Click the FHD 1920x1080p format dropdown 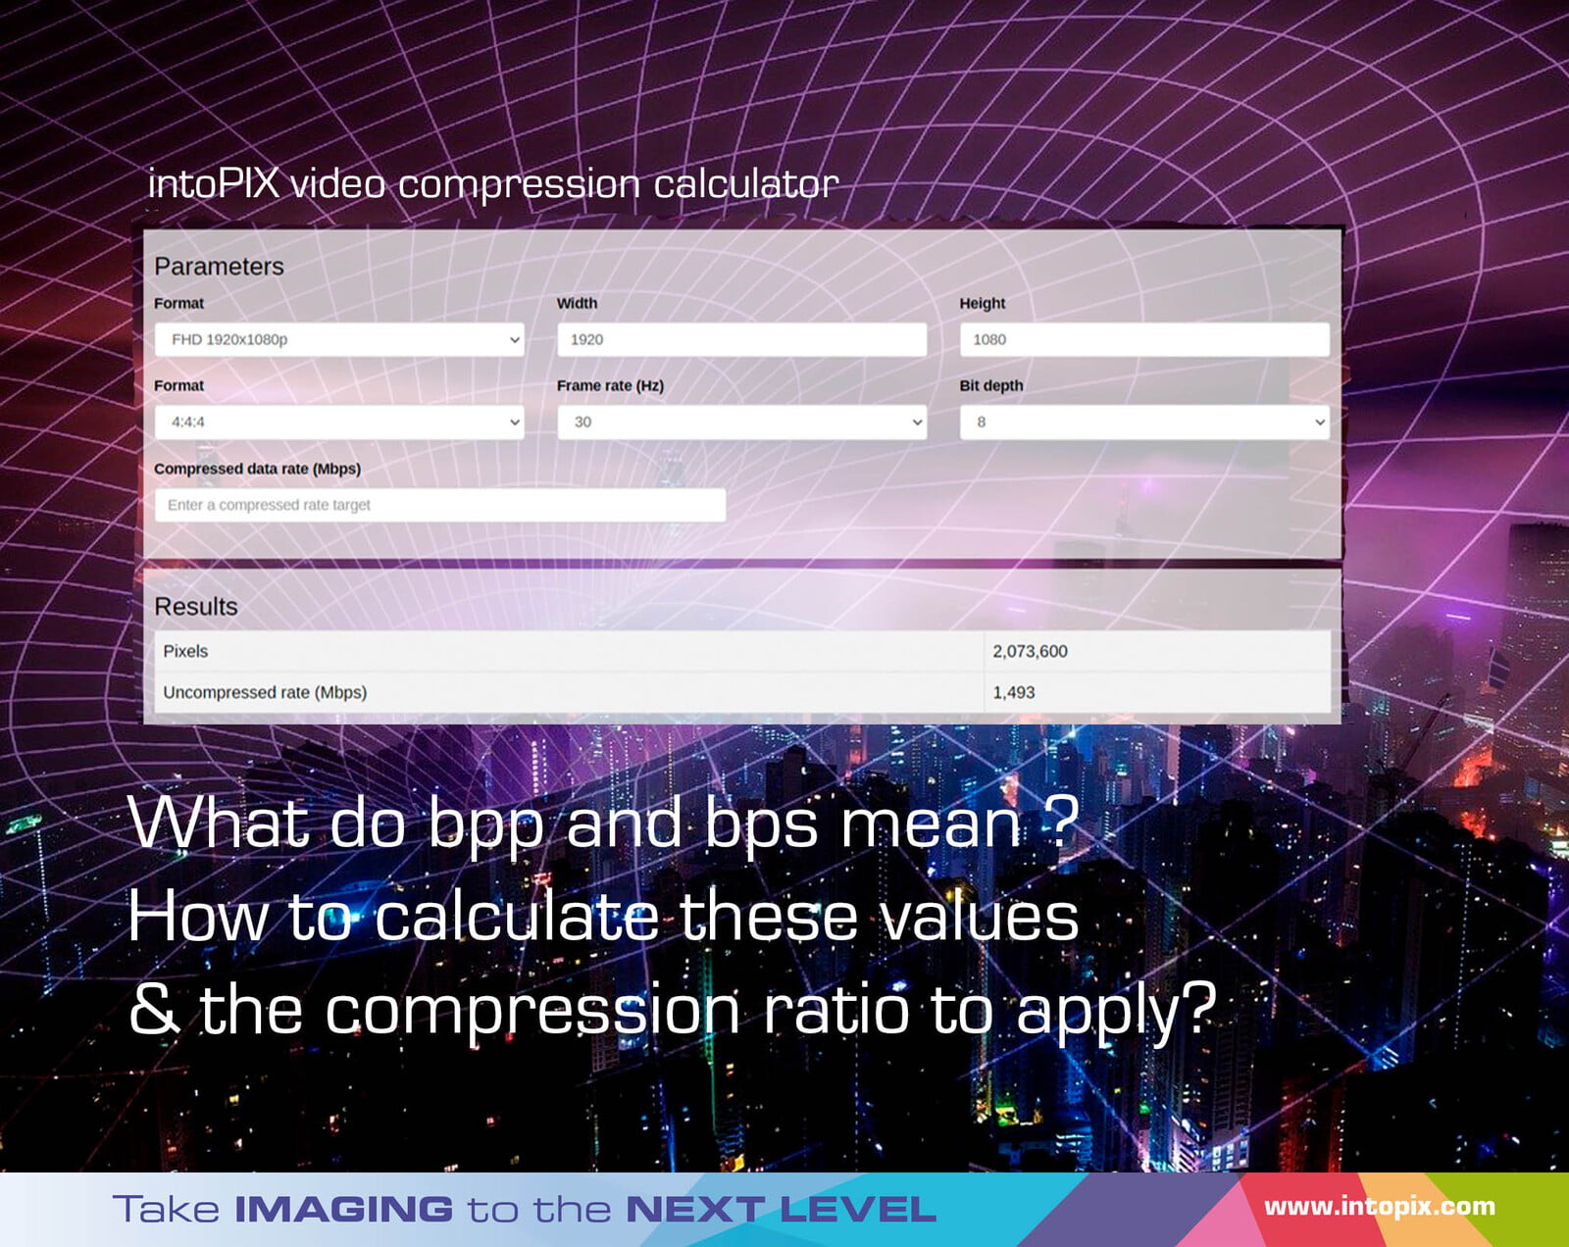[339, 339]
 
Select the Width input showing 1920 [741, 339]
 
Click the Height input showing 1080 [1144, 339]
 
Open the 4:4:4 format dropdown [339, 422]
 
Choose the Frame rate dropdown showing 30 [741, 422]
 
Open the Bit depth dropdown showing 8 [1144, 422]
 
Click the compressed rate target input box [439, 505]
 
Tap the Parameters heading [219, 267]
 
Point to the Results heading [196, 607]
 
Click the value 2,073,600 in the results [1030, 652]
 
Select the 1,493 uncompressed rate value [1013, 692]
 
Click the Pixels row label [185, 651]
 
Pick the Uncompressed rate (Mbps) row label [265, 692]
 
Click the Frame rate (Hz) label [610, 385]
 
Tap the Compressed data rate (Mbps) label [257, 469]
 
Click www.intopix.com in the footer [1380, 1206]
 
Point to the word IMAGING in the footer [343, 1209]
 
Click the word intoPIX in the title [214, 183]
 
